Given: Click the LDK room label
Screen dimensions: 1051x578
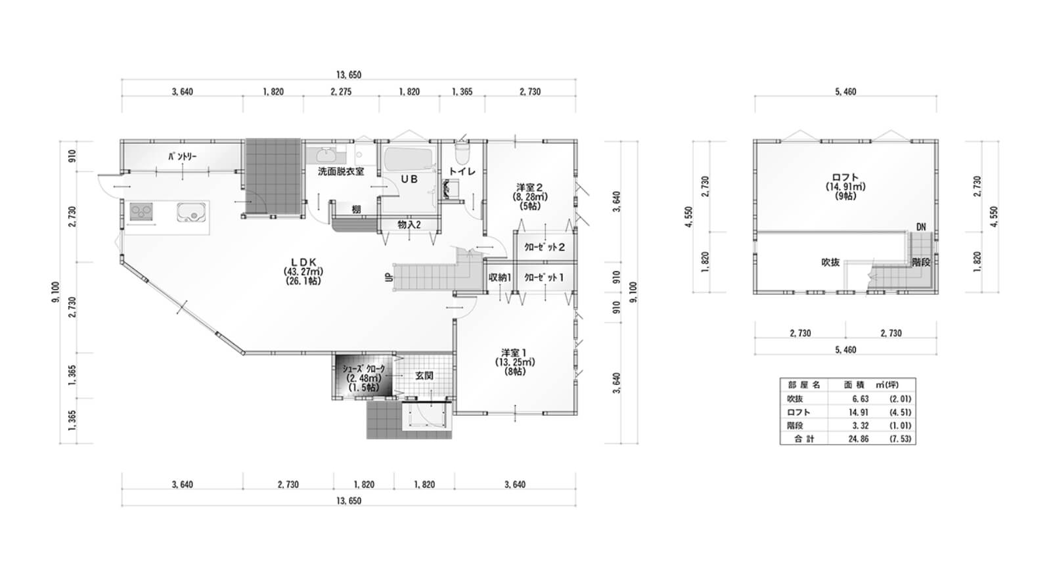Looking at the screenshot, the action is click(303, 262).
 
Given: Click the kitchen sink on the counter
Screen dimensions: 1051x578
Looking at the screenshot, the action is click(192, 211).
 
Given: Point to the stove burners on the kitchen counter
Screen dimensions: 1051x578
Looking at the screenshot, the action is click(141, 211).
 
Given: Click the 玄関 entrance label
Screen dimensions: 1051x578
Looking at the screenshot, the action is click(424, 376).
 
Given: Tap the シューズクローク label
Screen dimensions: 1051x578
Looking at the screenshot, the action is click(364, 368).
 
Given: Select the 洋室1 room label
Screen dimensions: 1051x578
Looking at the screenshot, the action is click(515, 352).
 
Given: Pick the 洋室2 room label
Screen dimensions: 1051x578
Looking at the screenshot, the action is click(529, 187).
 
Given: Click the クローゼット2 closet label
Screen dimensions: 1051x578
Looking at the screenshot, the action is click(545, 247).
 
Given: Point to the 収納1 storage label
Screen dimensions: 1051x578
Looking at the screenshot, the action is click(500, 277).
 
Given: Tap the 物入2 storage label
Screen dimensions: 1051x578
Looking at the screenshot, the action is click(409, 225).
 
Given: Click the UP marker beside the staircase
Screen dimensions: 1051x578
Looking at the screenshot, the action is click(388, 278).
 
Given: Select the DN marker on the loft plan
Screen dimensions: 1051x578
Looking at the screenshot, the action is click(921, 227).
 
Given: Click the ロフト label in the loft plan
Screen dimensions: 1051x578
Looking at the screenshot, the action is click(845, 177).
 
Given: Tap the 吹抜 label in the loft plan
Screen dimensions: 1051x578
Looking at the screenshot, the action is click(830, 262).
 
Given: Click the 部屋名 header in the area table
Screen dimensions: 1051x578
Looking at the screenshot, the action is click(804, 385).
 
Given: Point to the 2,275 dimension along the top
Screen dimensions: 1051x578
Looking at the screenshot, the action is click(341, 92).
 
